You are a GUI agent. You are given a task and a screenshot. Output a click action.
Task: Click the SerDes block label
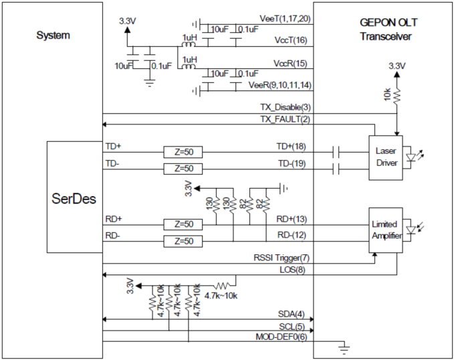[x=74, y=199]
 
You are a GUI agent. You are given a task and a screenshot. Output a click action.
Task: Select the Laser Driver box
[x=386, y=157]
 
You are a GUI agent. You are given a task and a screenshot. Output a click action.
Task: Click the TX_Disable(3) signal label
[x=286, y=107]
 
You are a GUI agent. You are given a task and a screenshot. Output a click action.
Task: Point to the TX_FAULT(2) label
[x=286, y=119]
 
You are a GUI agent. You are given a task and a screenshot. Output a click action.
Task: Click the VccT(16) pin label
[x=290, y=40]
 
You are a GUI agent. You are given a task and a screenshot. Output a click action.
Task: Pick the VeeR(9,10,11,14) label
[x=279, y=85]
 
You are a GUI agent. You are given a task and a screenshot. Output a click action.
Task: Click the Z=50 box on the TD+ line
[x=183, y=151]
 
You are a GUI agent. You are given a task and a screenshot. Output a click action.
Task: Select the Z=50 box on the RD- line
[x=183, y=240]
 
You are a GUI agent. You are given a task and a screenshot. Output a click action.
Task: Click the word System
[x=53, y=35]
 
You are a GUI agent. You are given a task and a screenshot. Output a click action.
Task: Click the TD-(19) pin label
[x=292, y=163]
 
